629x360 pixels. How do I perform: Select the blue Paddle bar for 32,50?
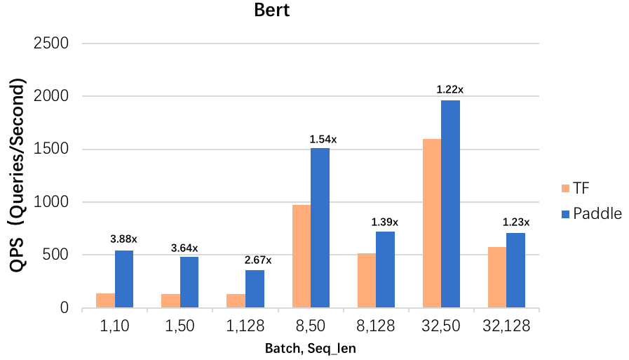pos(450,204)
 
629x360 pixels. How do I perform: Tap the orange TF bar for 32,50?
pos(432,223)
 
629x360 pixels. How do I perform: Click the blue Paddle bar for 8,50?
pos(320,227)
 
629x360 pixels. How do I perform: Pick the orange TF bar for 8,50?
pos(302,256)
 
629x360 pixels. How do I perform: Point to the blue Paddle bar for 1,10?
pos(124,279)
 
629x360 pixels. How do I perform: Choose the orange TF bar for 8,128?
pos(367,280)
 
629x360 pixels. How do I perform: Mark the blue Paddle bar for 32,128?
pos(515,270)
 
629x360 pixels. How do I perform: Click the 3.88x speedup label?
pos(123,239)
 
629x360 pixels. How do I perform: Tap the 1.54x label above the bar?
pos(323,139)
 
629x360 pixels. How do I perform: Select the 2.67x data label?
pos(257,260)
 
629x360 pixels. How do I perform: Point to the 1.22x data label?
pos(450,90)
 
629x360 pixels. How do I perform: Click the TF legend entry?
pos(574,188)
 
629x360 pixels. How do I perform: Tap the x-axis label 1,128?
pos(245,327)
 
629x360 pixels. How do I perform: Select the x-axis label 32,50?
pos(441,327)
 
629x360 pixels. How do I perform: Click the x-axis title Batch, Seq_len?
pos(311,349)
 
